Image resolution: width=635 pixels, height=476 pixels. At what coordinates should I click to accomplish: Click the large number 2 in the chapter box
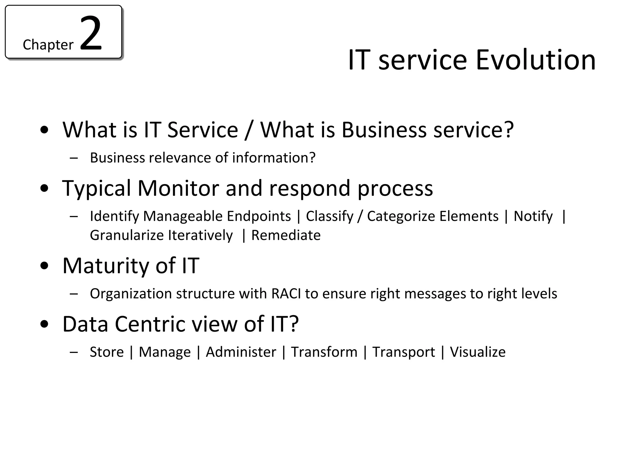(91, 33)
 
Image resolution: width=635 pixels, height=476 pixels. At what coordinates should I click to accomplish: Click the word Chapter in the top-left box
(48, 45)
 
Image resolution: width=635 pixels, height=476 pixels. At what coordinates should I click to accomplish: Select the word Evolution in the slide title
(535, 60)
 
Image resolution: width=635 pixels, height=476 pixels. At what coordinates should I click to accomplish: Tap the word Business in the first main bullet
(384, 130)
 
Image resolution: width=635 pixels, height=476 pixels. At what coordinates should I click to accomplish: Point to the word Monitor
(178, 188)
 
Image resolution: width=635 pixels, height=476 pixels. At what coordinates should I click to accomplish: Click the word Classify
(330, 216)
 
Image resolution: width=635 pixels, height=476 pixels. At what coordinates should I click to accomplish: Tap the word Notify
(533, 216)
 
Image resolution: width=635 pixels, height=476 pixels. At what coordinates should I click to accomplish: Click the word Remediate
(286, 236)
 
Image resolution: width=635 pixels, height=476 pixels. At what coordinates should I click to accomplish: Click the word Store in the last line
(107, 352)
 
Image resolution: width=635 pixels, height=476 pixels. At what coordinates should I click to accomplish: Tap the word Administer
(241, 352)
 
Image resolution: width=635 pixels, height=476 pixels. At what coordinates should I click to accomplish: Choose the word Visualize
(477, 352)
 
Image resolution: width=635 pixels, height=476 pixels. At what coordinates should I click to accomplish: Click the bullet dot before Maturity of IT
(45, 266)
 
